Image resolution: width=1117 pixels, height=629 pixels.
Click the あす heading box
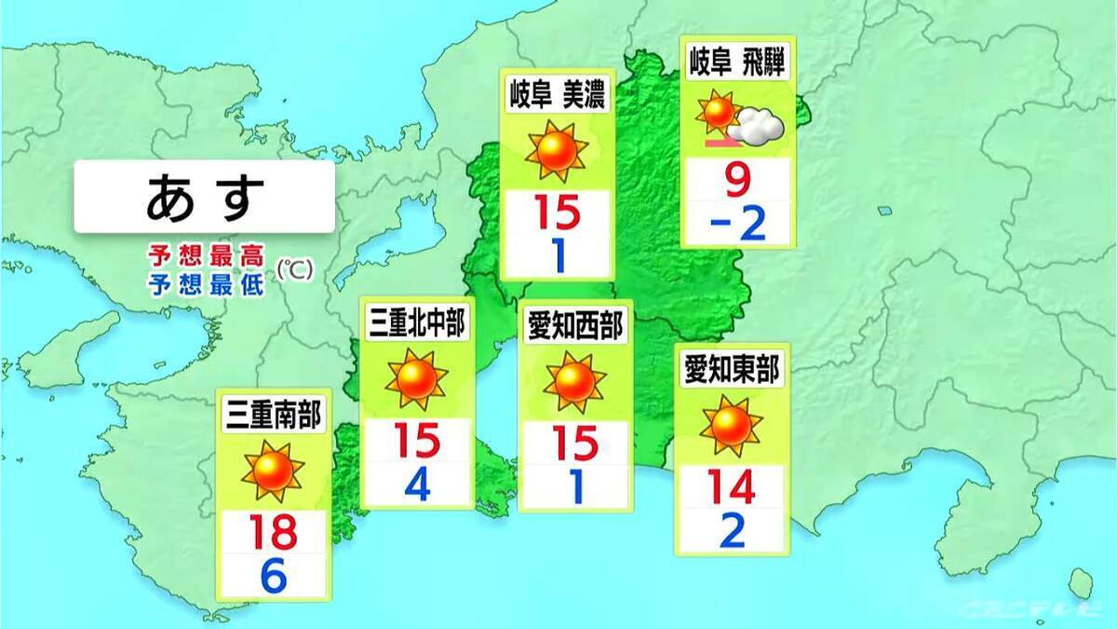(204, 197)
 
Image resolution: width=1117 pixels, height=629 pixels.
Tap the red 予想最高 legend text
(205, 255)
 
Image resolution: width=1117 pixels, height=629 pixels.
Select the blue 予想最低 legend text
(205, 282)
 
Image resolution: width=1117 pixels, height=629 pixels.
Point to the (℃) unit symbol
(296, 269)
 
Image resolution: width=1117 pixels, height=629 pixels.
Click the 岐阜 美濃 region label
(556, 93)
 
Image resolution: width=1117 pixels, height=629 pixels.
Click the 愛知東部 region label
(732, 369)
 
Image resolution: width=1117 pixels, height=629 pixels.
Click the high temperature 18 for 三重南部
(273, 532)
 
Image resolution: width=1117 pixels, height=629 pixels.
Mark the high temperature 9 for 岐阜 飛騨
(737, 179)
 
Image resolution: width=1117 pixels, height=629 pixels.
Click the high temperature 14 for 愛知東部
(732, 487)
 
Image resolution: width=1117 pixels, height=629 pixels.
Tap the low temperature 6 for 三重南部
(273, 577)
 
